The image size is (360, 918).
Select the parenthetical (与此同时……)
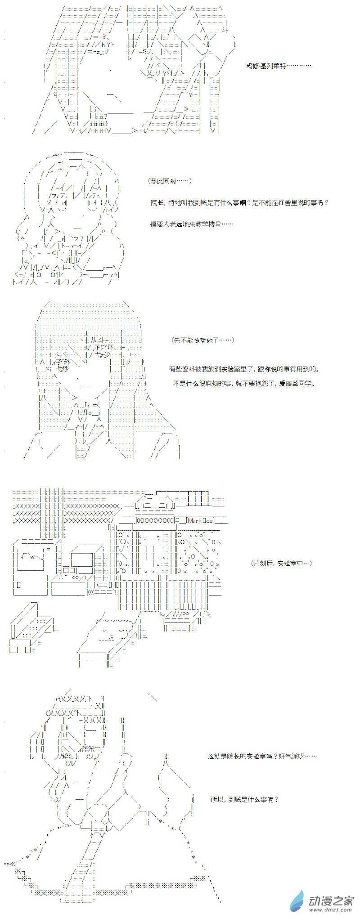coord(170,181)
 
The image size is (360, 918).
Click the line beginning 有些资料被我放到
coord(245,369)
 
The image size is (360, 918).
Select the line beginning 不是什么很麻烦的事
coord(245,384)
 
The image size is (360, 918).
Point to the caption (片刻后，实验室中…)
coord(281,563)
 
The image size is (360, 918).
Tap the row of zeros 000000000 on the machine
coord(154,520)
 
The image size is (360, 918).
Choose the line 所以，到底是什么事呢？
coord(244,799)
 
